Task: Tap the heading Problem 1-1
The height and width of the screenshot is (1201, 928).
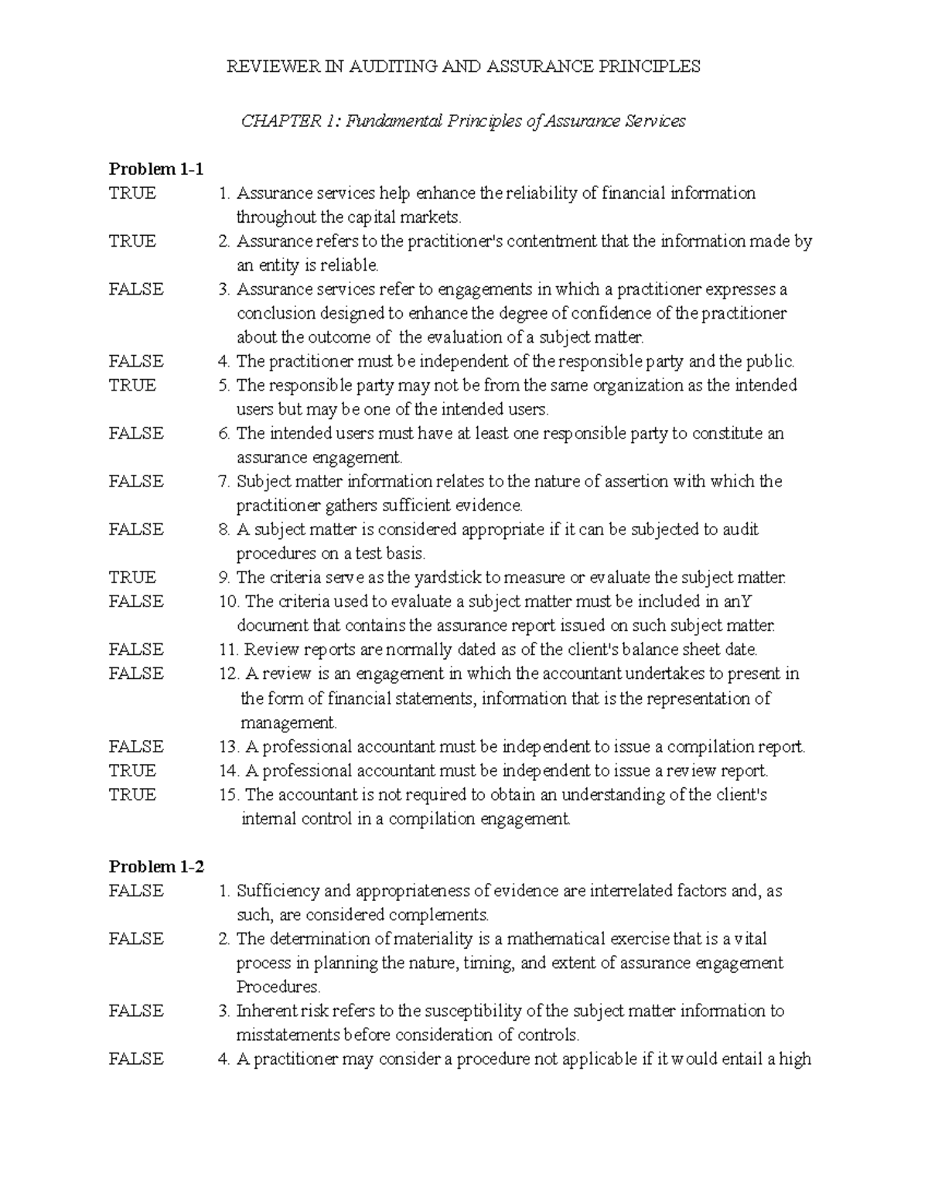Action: pyautogui.click(x=155, y=169)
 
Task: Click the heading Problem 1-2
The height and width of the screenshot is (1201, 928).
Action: pyautogui.click(x=156, y=867)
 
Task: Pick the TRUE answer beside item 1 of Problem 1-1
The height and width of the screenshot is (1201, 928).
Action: pyautogui.click(x=132, y=193)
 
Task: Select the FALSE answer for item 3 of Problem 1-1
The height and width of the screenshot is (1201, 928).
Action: pyautogui.click(x=136, y=289)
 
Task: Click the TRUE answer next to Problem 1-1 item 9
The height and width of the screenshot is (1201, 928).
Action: pyautogui.click(x=132, y=578)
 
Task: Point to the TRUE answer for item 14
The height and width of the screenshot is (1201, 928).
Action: pyautogui.click(x=132, y=771)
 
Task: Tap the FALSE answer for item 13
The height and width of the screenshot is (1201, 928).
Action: pyautogui.click(x=136, y=747)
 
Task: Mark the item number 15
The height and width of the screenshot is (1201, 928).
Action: pyautogui.click(x=229, y=795)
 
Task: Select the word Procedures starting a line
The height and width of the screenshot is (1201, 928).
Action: pyautogui.click(x=277, y=988)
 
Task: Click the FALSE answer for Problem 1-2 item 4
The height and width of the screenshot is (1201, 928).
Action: pyautogui.click(x=136, y=1059)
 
